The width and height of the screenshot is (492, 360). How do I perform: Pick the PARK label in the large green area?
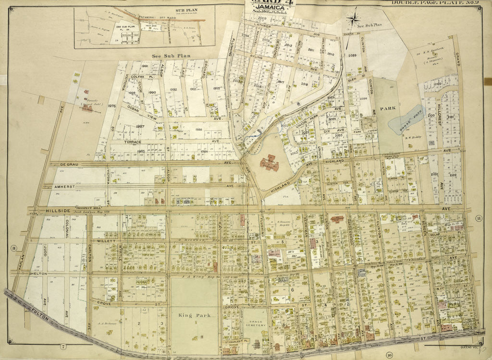click(x=387, y=109)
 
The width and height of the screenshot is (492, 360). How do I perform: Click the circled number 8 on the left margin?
click(x=14, y=248)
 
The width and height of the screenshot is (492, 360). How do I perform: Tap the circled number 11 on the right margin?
click(x=479, y=219)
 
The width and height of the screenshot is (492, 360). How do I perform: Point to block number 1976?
click(x=112, y=106)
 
